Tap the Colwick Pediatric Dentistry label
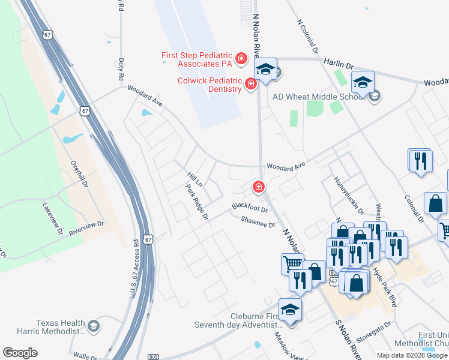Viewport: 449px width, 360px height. [x=209, y=85]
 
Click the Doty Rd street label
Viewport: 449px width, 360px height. [x=121, y=69]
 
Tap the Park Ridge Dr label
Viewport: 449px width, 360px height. [x=197, y=202]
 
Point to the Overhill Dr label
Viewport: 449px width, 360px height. [x=76, y=173]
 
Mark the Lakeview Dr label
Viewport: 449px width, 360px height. [x=52, y=217]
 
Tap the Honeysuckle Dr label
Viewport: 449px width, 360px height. [x=348, y=195]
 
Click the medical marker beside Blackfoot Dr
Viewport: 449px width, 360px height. [x=259, y=187]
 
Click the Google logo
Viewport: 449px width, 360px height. [x=20, y=353]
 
